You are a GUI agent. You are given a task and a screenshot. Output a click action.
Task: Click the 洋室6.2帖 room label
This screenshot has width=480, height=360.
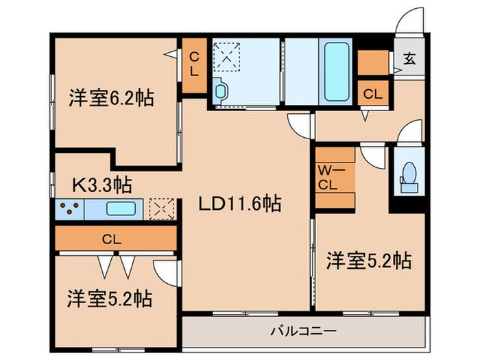[110, 97]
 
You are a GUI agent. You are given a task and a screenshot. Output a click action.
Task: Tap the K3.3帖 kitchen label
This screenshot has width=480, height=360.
[102, 184]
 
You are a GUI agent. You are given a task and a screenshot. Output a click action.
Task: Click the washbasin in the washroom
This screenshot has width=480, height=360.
[221, 91]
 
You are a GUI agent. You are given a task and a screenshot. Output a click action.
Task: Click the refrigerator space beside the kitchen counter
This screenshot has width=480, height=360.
[162, 208]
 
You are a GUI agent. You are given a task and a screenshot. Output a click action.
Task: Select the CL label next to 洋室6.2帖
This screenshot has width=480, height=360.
[195, 64]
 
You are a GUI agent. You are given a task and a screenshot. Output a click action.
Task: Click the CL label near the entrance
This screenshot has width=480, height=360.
[373, 93]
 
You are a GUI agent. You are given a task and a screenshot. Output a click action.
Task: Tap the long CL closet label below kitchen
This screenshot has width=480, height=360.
[113, 239]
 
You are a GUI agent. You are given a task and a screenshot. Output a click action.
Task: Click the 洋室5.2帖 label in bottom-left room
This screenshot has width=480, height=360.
[110, 299]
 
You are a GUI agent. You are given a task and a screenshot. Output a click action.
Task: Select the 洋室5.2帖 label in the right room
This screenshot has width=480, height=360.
[368, 261]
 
